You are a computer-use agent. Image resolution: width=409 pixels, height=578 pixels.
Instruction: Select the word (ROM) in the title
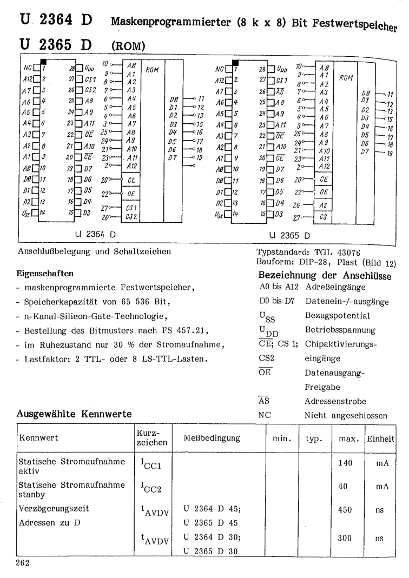click(127, 47)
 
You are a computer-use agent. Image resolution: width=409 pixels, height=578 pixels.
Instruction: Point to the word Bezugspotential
click(339, 315)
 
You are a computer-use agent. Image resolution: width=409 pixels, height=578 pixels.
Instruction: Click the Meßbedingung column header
click(212, 437)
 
